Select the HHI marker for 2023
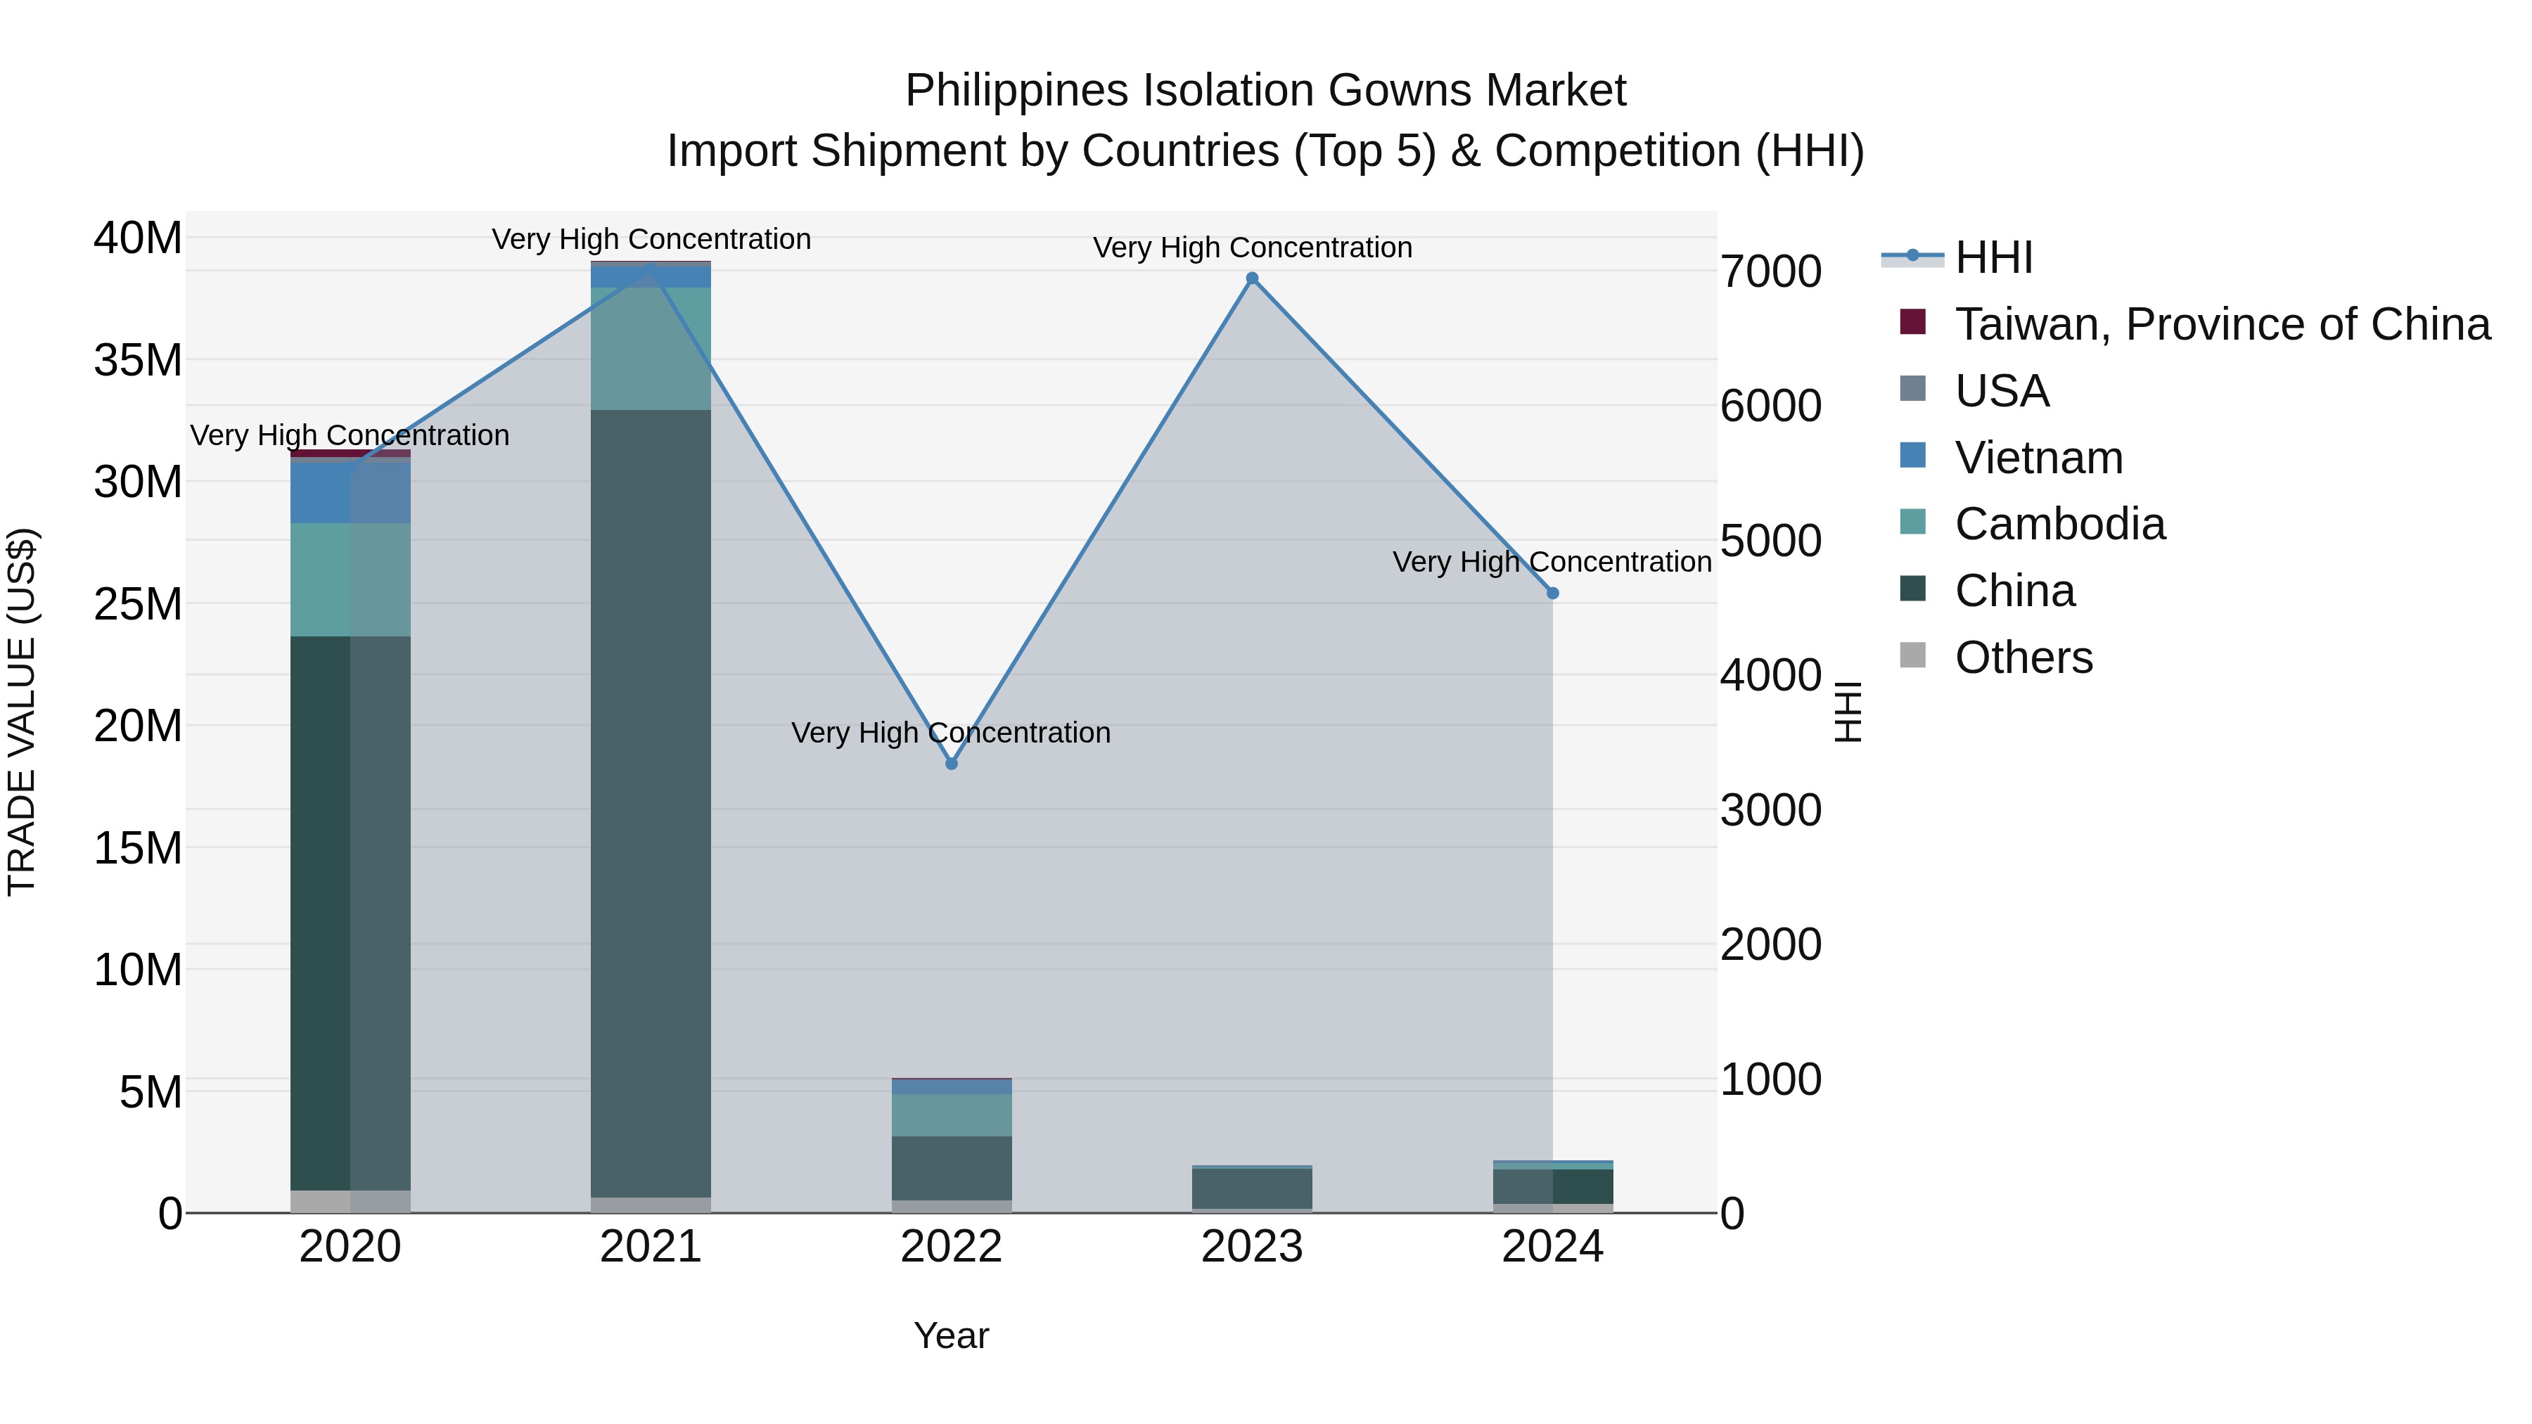click(x=1252, y=278)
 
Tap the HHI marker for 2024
click(x=1553, y=594)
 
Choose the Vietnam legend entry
click(x=2038, y=458)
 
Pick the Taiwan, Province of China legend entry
click(x=2221, y=324)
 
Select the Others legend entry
click(x=2023, y=658)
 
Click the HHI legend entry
click(x=1993, y=257)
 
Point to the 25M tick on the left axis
click(x=138, y=604)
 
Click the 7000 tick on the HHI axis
click(x=1770, y=272)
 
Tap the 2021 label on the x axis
click(x=651, y=1247)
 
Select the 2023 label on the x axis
click(x=1252, y=1247)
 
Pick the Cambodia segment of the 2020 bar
click(x=350, y=580)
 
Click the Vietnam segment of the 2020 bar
click(x=350, y=492)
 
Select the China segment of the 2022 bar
click(x=952, y=1167)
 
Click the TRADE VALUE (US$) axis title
click(x=23, y=712)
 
